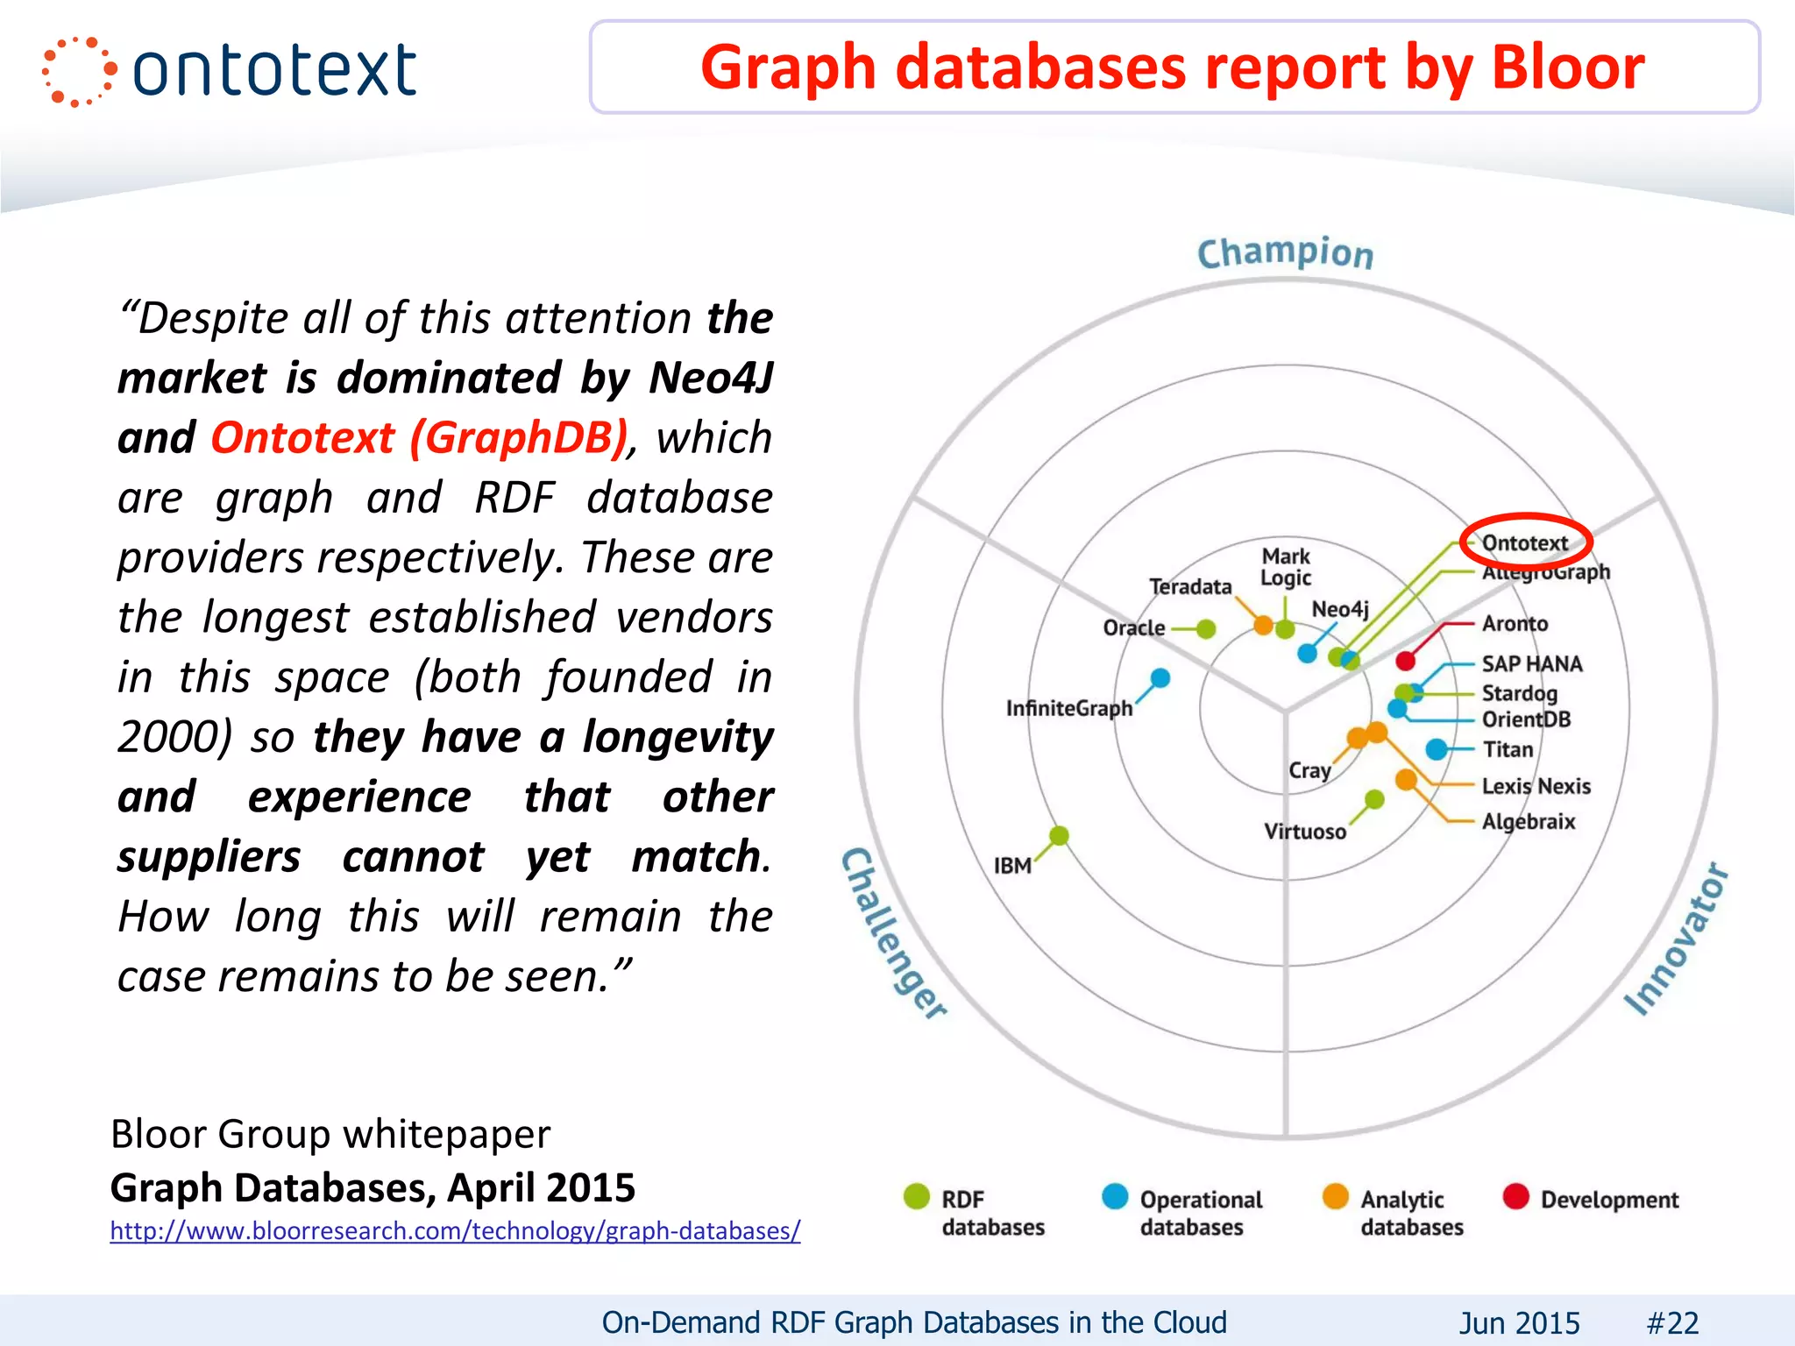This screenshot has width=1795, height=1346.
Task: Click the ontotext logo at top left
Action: click(230, 71)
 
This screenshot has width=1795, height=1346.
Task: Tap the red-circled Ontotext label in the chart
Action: click(1524, 543)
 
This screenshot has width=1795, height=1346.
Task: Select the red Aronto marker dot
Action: click(1406, 661)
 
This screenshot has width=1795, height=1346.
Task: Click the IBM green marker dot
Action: click(1059, 835)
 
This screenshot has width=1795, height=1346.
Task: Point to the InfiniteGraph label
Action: click(1068, 708)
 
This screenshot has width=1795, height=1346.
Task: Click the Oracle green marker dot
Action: click(1206, 628)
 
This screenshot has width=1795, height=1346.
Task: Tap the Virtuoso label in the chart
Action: click(1304, 832)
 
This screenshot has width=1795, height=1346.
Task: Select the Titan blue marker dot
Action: click(1436, 749)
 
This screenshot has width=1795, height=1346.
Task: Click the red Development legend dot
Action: click(1515, 1196)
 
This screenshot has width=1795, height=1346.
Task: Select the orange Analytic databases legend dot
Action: click(1335, 1196)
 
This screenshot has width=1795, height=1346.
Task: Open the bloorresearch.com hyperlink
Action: click(455, 1230)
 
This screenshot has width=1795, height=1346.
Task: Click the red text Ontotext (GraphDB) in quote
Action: click(420, 437)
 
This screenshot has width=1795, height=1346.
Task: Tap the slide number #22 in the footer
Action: click(1672, 1322)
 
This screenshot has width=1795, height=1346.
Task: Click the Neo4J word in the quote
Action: click(711, 378)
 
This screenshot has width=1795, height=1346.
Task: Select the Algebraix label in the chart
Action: click(1528, 822)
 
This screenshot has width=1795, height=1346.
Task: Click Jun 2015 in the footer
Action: click(1519, 1322)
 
